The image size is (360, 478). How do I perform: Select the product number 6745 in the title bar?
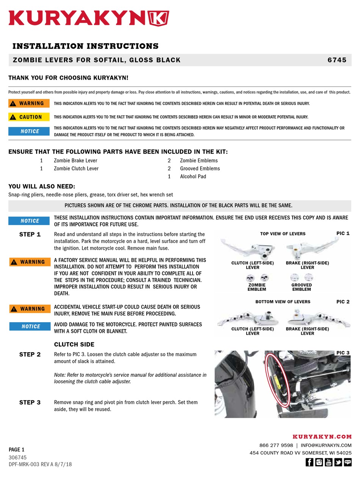[x=337, y=60]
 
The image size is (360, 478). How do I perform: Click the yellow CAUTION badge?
[x=29, y=117]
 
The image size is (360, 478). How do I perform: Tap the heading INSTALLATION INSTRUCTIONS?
[x=85, y=46]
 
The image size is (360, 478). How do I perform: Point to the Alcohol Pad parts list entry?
[x=193, y=176]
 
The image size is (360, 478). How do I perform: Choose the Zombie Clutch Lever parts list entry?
[x=76, y=168]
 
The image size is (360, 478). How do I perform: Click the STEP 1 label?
[x=30, y=234]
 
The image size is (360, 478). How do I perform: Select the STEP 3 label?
[x=30, y=402]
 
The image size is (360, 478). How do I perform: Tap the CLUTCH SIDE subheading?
[x=74, y=344]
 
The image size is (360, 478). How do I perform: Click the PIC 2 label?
[x=343, y=302]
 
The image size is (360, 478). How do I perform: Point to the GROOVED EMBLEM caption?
[x=302, y=287]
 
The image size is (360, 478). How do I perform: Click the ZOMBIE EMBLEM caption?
[x=257, y=287]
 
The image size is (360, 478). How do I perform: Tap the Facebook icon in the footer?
[x=309, y=462]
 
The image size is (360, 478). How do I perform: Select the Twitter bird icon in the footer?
[x=338, y=462]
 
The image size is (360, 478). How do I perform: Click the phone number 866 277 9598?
[x=276, y=445]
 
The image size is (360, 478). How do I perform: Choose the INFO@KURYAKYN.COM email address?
[x=326, y=445]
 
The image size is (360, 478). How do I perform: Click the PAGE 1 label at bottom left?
[x=17, y=450]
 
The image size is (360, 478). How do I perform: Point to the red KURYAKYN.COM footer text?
[x=322, y=437]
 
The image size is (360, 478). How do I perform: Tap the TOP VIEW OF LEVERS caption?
[x=283, y=234]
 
